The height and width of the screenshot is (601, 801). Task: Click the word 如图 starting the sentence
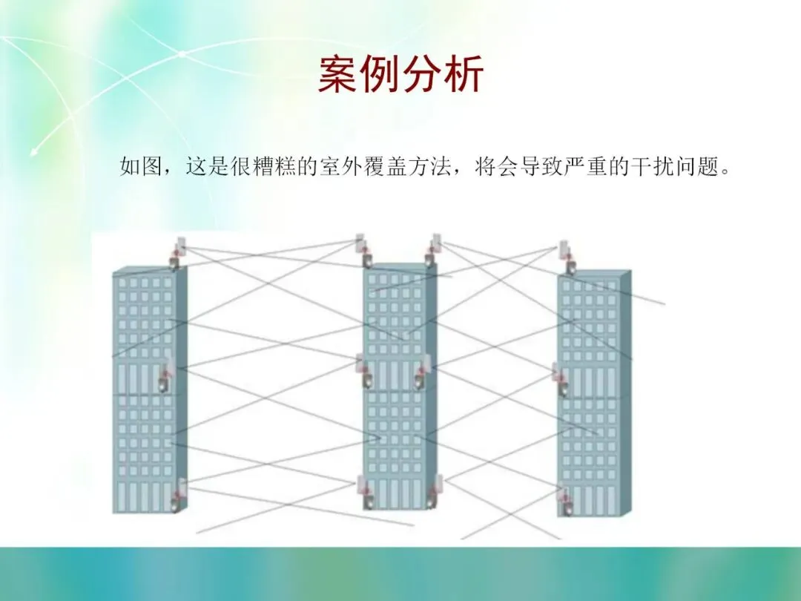(140, 167)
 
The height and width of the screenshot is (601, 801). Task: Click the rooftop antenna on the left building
(178, 253)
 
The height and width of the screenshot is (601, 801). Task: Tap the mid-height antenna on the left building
(168, 377)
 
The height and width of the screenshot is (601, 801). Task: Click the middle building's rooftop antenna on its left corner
(363, 251)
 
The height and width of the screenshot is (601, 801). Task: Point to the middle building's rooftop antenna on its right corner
(433, 251)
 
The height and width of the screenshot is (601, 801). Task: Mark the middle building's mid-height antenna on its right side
(423, 372)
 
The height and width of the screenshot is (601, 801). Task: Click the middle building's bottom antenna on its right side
(435, 491)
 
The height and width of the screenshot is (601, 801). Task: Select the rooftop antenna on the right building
(567, 256)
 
